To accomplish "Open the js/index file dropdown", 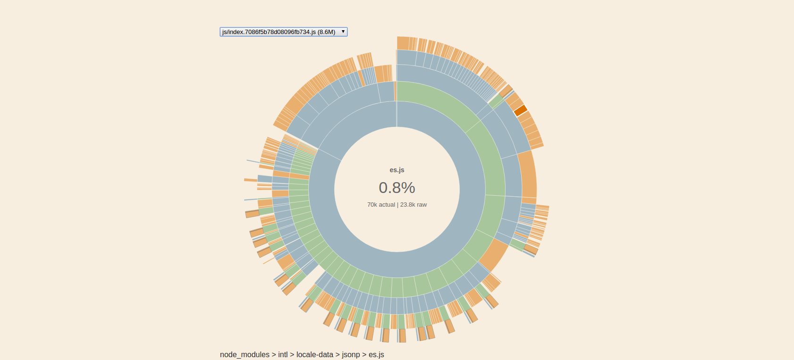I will tap(283, 32).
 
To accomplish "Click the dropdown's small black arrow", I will tap(343, 32).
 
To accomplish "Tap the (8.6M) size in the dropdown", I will tap(326, 32).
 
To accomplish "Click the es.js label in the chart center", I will tap(397, 170).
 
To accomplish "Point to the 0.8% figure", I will tap(397, 188).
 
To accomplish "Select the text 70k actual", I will tap(381, 205).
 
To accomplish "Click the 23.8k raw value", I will tap(414, 205).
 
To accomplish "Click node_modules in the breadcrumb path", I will tap(245, 354).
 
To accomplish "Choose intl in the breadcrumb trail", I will tap(283, 354).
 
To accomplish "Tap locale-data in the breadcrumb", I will tap(315, 354).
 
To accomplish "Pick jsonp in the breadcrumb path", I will tap(351, 354).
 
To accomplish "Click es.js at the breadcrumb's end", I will tap(376, 354).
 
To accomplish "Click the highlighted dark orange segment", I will tap(520, 110).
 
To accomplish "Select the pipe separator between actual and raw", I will tap(397, 205).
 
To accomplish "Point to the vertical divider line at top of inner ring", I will tap(397, 114).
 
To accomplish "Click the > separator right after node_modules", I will tap(274, 354).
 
